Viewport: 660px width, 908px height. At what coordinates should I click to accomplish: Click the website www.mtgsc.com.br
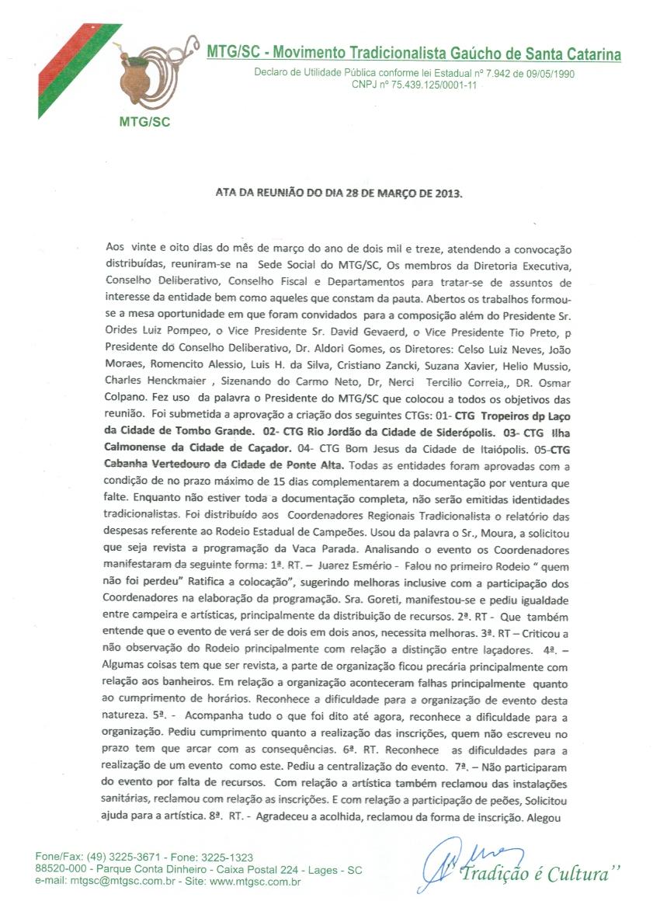pos(256,882)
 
